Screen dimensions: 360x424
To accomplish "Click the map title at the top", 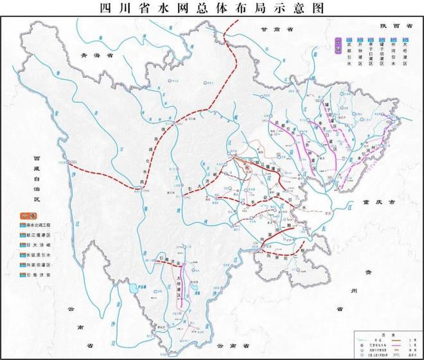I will click(x=212, y=8).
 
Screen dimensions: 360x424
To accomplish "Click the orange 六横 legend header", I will click(x=28, y=216).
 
